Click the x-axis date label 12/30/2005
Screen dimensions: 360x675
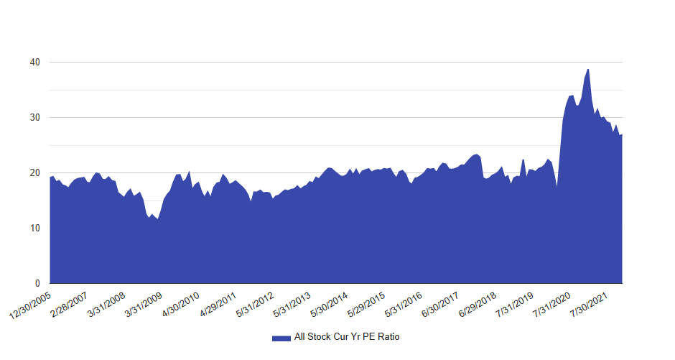[31, 305]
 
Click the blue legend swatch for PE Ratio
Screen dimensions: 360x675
[281, 337]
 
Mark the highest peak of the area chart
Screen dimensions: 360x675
[588, 70]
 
